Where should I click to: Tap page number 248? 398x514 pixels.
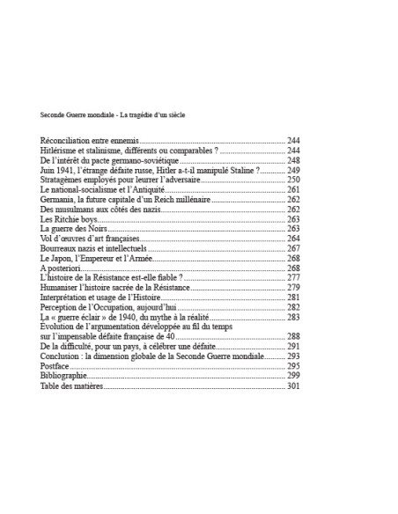pyautogui.click(x=293, y=160)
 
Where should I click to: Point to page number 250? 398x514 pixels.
pyautogui.click(x=293, y=180)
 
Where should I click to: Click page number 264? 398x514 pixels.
pyautogui.click(x=293, y=238)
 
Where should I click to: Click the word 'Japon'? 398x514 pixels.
pyautogui.click(x=64, y=258)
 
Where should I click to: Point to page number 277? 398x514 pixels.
pyautogui.click(x=293, y=277)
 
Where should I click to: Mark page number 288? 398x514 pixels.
pyautogui.click(x=293, y=336)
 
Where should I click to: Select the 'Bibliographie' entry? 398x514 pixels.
pyautogui.click(x=64, y=375)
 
